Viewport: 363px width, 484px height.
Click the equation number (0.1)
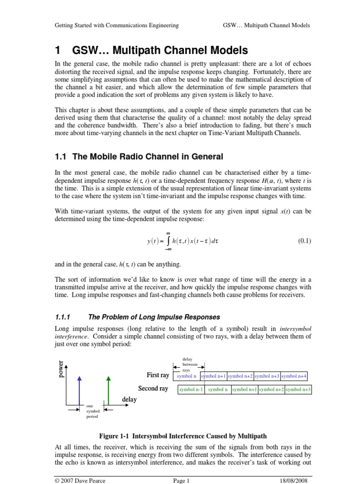[304, 241]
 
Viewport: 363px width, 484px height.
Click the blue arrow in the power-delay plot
[79, 389]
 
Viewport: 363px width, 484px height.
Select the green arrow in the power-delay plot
[109, 389]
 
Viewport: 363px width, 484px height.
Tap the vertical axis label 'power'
[60, 371]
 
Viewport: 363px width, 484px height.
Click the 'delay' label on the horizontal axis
[129, 399]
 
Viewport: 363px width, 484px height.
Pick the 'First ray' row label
[158, 375]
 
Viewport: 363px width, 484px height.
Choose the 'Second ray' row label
[153, 389]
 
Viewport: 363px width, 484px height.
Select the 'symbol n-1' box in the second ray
[191, 389]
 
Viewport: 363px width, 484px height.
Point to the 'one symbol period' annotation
[92, 411]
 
